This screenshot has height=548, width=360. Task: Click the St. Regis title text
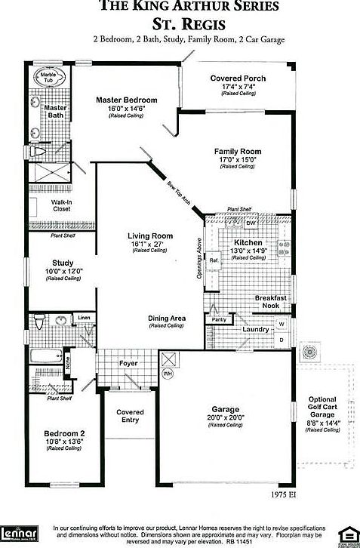click(x=189, y=24)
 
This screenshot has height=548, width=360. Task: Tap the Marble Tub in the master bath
click(x=49, y=79)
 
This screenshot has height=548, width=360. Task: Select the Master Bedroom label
click(x=126, y=100)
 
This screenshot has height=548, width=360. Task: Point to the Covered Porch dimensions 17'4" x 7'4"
click(x=238, y=87)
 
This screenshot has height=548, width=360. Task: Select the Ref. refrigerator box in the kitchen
click(x=214, y=260)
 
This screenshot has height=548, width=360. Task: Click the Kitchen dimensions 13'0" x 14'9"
click(x=248, y=251)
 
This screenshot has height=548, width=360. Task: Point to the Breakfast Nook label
click(x=272, y=302)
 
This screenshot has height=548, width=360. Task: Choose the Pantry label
click(x=220, y=320)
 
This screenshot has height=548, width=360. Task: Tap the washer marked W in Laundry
click(x=282, y=324)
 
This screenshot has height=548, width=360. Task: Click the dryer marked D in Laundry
click(x=282, y=340)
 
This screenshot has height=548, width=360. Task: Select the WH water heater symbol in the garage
click(x=168, y=373)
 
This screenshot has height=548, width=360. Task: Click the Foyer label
click(x=128, y=363)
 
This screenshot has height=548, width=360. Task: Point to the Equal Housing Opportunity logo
click(x=346, y=532)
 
